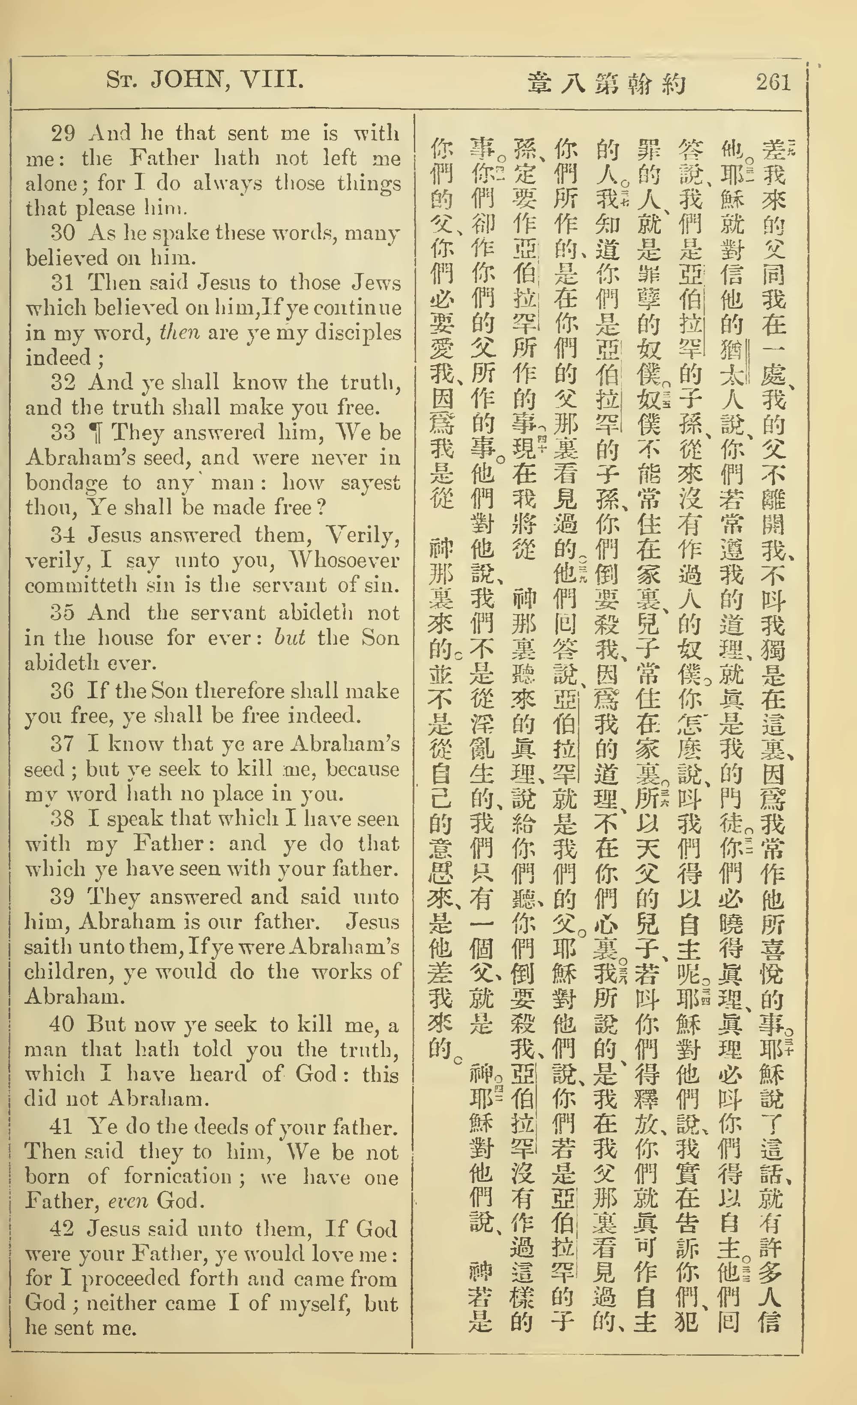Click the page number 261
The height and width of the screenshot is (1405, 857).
coord(773,83)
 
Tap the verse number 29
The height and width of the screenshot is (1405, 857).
coord(63,133)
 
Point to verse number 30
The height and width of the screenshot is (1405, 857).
coord(63,233)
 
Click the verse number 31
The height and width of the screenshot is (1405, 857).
coord(63,283)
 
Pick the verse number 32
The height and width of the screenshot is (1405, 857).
coord(63,382)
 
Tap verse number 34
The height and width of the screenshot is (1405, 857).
coord(63,535)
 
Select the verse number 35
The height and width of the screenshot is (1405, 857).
coord(63,613)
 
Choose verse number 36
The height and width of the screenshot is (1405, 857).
coord(63,691)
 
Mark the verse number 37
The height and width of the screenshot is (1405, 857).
coord(63,744)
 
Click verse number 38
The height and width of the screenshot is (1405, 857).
coord(63,819)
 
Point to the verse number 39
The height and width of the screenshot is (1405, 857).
coord(63,897)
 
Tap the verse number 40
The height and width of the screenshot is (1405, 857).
coord(63,1025)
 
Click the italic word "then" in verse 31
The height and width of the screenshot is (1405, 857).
coord(179,333)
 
